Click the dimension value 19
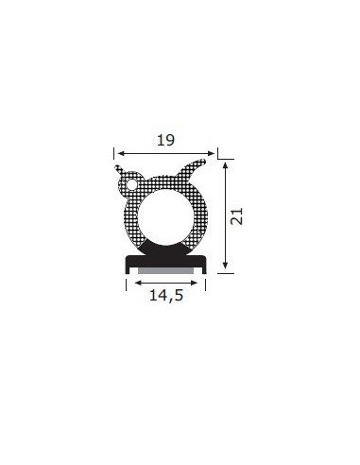click(x=165, y=140)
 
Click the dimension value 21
click(x=237, y=216)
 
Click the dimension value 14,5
click(x=166, y=296)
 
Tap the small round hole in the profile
click(x=131, y=184)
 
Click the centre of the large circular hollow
click(x=166, y=217)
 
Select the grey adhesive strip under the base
click(x=165, y=270)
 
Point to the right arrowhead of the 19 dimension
click(x=211, y=153)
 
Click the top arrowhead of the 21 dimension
click(x=225, y=165)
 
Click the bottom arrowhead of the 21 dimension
click(x=225, y=265)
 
